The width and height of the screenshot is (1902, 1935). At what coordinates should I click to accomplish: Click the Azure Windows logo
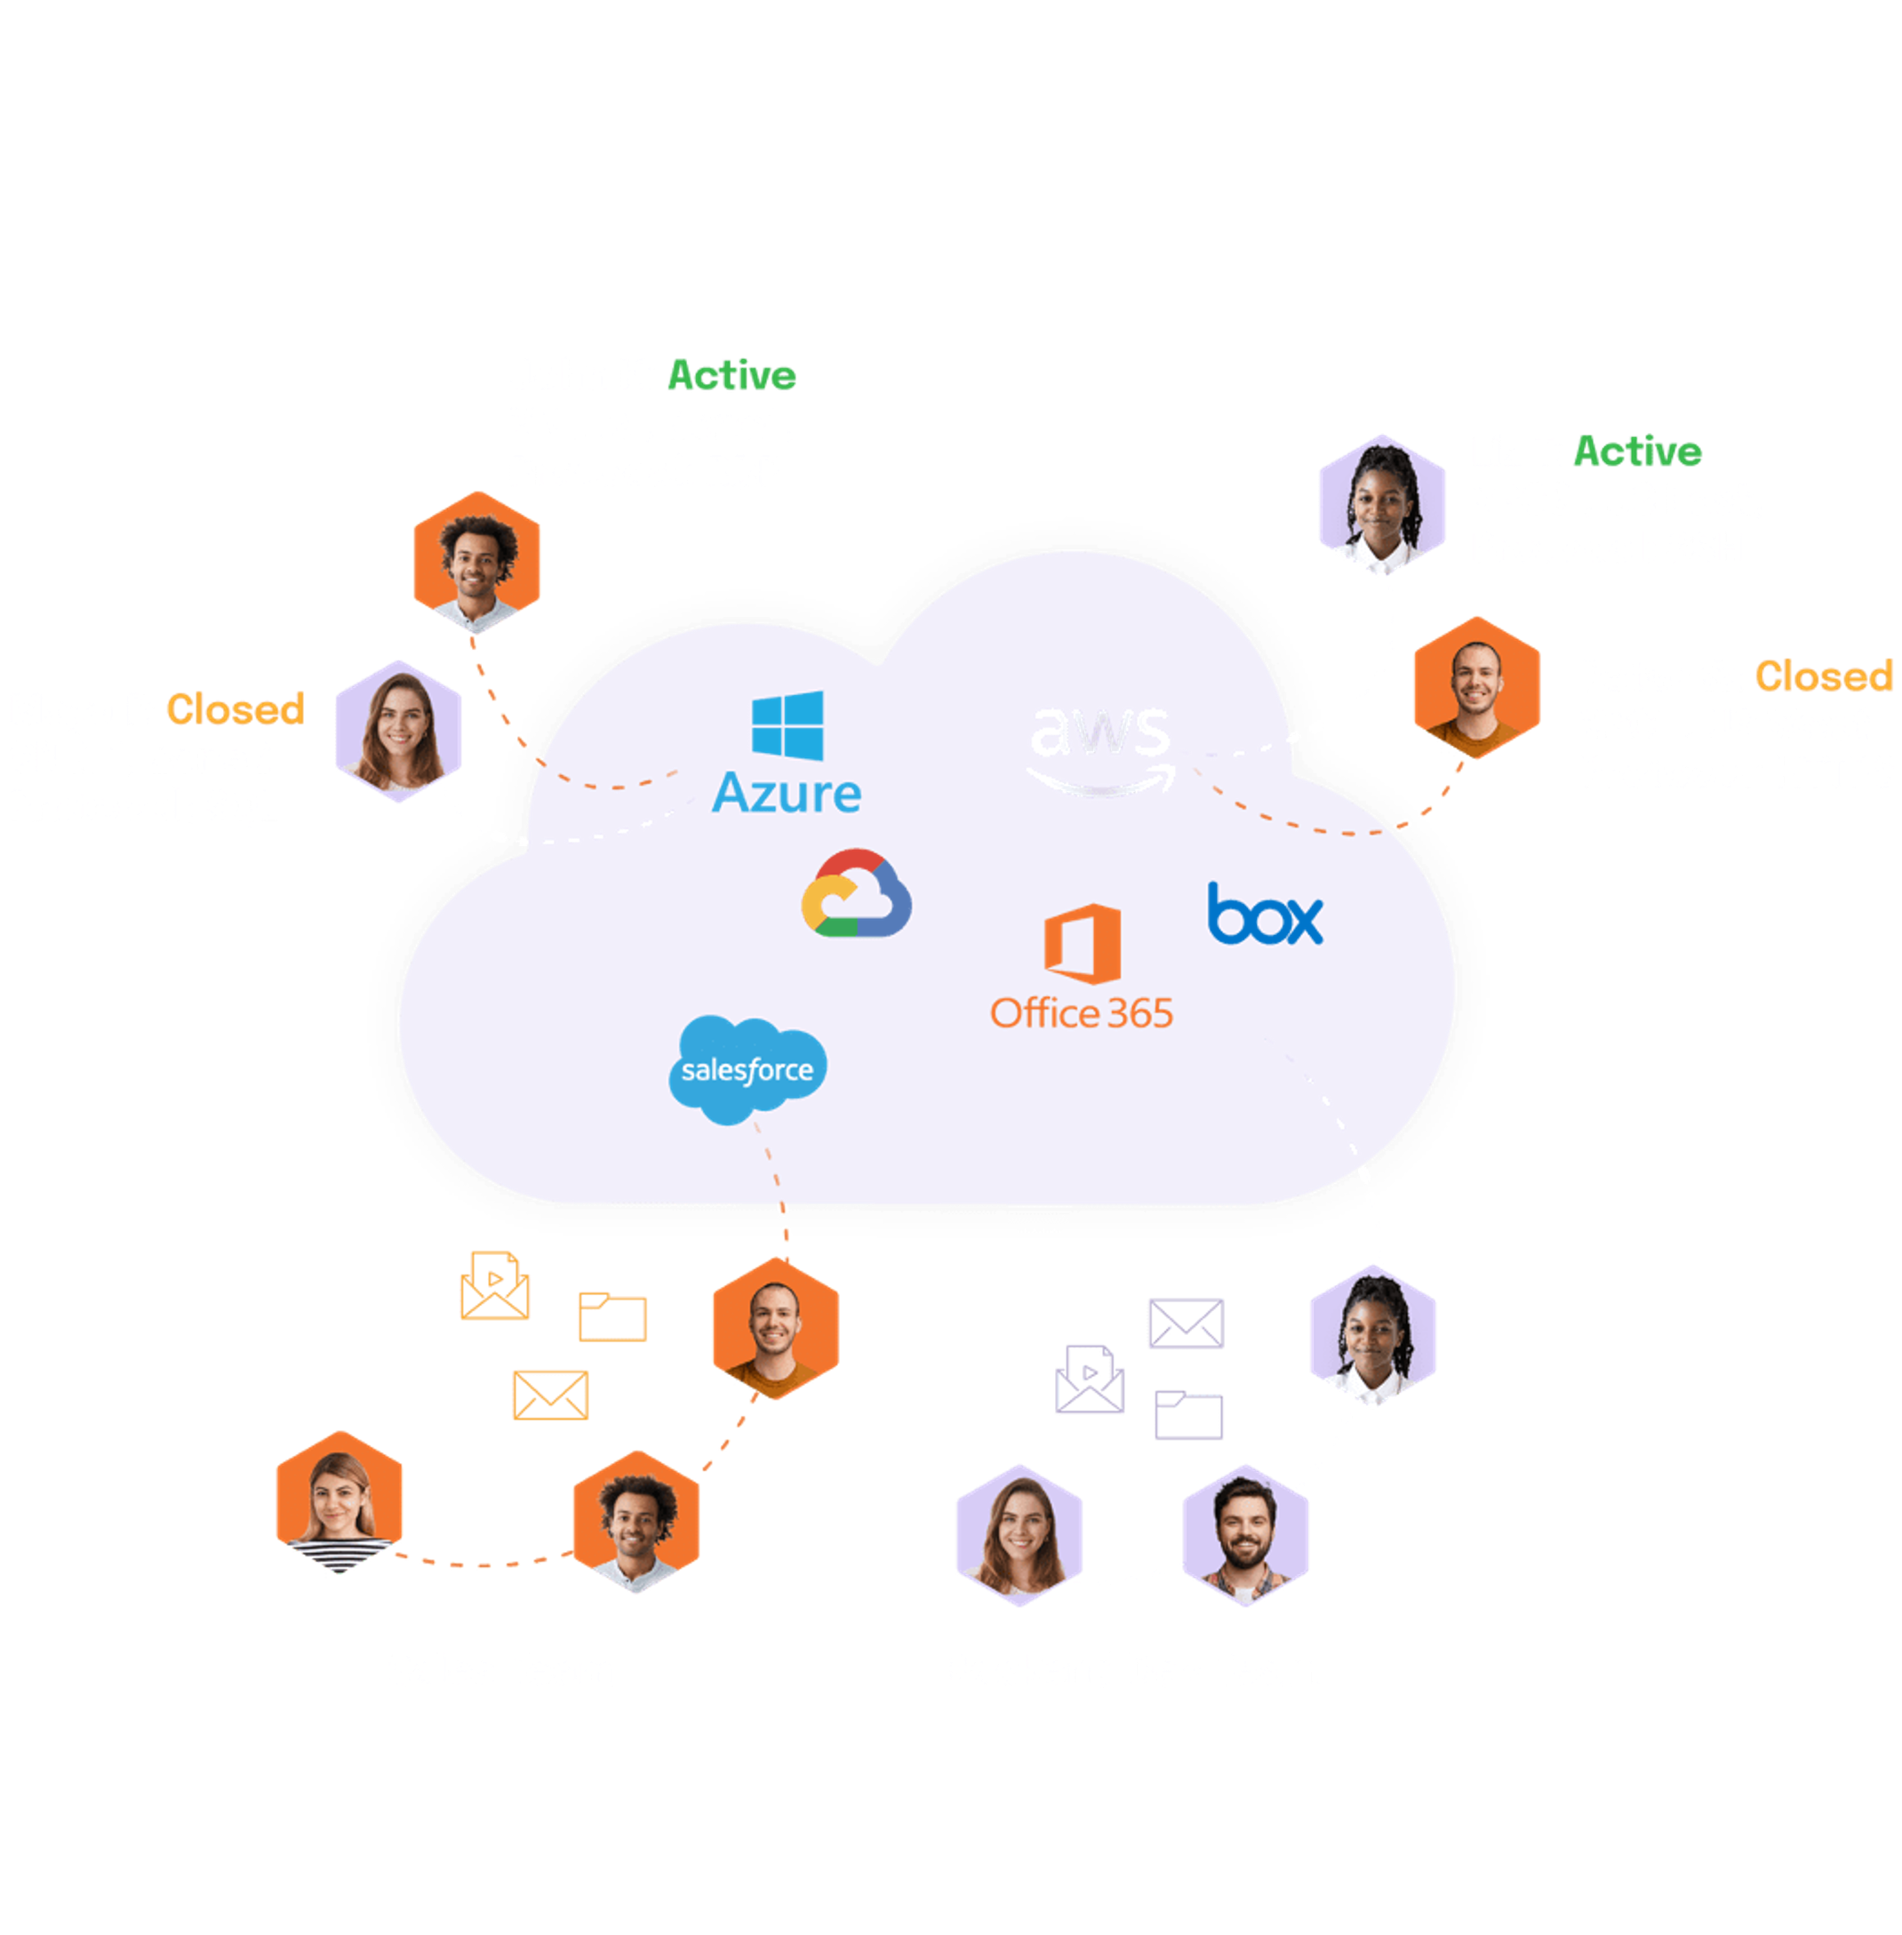click(787, 726)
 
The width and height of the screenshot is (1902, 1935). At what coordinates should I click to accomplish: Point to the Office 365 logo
click(1082, 966)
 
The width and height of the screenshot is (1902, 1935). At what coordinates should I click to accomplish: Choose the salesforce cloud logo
click(747, 1069)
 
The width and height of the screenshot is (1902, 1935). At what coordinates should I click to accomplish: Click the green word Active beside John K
click(731, 376)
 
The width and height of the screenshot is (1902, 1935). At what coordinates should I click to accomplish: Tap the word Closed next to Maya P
click(235, 709)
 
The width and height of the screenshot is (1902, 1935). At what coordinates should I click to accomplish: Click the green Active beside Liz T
click(1637, 452)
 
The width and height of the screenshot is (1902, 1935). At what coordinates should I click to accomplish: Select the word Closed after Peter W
click(1823, 676)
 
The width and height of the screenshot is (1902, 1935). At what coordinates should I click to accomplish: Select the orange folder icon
click(612, 1316)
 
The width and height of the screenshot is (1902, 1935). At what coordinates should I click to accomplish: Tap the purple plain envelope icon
click(1186, 1323)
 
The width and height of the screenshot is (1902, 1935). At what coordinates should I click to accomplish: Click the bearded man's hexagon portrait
click(1244, 1535)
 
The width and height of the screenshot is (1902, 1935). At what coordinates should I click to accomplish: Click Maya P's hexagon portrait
click(398, 732)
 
